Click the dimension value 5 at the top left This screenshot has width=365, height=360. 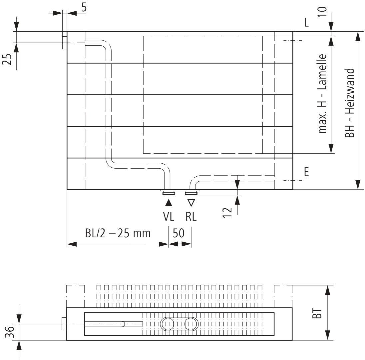pyautogui.click(x=84, y=7)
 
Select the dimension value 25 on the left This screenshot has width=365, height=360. pyautogui.click(x=7, y=59)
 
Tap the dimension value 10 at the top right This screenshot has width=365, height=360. pyautogui.click(x=322, y=12)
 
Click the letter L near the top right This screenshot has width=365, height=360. pyautogui.click(x=306, y=23)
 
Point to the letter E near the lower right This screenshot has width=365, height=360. pyautogui.click(x=306, y=172)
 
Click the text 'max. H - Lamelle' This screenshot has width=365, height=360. pyautogui.click(x=322, y=94)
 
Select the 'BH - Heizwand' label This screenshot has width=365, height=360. pyautogui.click(x=350, y=103)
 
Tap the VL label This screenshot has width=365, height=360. pyautogui.click(x=169, y=217)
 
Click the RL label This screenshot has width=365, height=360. pyautogui.click(x=191, y=217)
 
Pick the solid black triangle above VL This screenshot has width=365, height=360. pyautogui.click(x=169, y=203)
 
